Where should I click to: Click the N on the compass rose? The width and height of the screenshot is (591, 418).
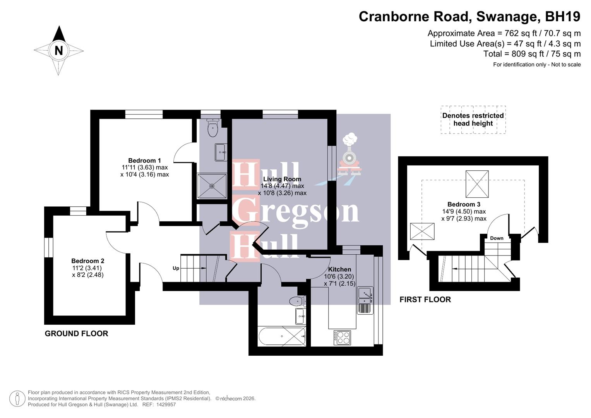(58, 50)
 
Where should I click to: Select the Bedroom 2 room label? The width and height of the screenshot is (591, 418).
(87, 261)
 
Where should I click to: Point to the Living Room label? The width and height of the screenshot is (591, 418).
(282, 179)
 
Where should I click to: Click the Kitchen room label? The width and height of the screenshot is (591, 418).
(339, 269)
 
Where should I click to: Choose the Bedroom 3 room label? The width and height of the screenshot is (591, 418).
(464, 204)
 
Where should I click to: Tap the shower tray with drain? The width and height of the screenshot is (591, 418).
(212, 186)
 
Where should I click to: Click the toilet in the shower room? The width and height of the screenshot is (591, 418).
(213, 128)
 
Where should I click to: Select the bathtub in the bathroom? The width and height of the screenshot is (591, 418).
(281, 336)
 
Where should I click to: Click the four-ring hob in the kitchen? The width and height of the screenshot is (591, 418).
(342, 337)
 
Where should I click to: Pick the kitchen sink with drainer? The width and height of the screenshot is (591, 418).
(365, 300)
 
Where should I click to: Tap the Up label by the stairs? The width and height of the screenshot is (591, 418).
(176, 268)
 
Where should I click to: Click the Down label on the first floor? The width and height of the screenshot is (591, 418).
(497, 238)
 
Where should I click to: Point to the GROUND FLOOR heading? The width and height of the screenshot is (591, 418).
(76, 334)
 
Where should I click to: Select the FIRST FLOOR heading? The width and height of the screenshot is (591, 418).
(425, 300)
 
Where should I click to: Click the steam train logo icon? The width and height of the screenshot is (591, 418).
(350, 155)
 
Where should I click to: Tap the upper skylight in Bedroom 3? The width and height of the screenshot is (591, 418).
(477, 184)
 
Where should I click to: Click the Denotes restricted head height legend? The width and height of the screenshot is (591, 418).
(473, 120)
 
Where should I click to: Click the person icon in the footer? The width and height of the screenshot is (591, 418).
(17, 398)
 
